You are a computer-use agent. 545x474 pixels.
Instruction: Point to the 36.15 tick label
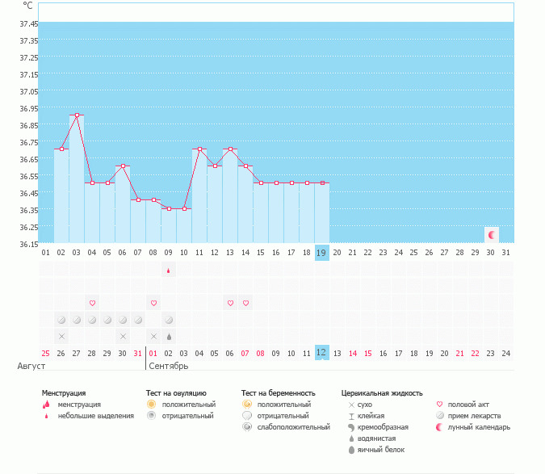[27, 244]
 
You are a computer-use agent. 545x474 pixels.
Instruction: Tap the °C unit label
[28, 6]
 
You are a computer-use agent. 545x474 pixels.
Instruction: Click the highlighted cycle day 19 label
[321, 253]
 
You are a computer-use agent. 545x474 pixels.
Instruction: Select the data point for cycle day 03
[77, 115]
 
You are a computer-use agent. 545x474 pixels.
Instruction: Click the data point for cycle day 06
[123, 166]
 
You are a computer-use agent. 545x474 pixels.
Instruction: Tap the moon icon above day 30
[491, 235]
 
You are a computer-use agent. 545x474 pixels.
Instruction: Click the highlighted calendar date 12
[321, 353]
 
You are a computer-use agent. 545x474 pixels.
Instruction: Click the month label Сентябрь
[168, 366]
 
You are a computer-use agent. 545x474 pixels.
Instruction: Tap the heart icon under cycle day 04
[92, 303]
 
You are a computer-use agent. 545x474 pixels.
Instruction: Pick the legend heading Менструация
[64, 393]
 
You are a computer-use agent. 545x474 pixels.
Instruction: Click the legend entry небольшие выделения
[96, 416]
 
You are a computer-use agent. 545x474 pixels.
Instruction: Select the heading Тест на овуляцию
[170, 393]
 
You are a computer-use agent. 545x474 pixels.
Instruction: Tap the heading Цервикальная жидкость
[382, 393]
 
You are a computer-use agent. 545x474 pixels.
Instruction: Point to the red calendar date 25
[46, 353]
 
